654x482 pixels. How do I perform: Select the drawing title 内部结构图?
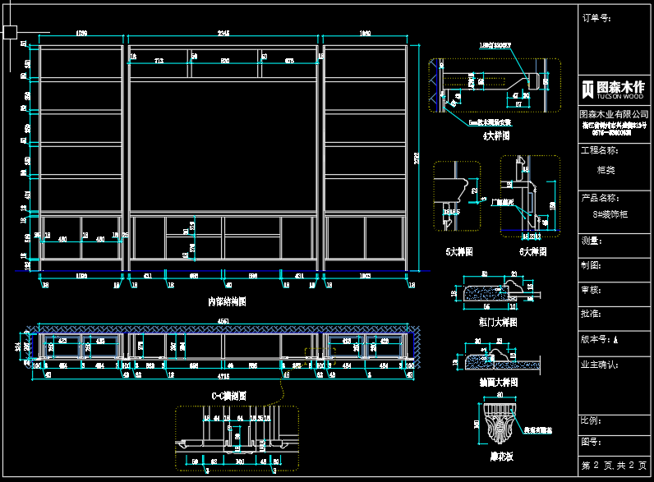click(x=227, y=301)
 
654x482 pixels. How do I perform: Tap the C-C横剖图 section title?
click(x=229, y=396)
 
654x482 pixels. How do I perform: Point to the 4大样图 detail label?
click(x=496, y=136)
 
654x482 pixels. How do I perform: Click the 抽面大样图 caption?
click(x=497, y=383)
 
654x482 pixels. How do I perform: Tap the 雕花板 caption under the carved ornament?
click(x=500, y=456)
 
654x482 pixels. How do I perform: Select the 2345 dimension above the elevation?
click(x=223, y=34)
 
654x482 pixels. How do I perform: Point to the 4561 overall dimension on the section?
click(x=223, y=321)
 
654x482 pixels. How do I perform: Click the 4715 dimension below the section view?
click(x=223, y=376)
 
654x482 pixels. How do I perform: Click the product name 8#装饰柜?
click(x=610, y=214)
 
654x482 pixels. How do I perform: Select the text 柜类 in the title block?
click(x=606, y=171)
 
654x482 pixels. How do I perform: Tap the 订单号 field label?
click(x=596, y=16)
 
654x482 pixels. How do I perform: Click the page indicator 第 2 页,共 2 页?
click(x=612, y=466)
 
